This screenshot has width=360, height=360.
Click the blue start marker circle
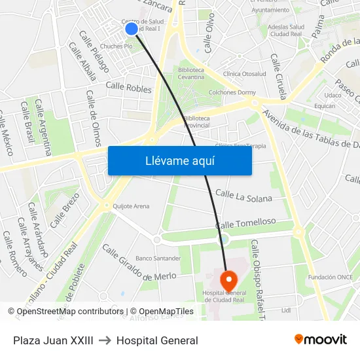pyautogui.click(x=131, y=28)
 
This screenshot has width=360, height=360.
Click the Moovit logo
pyautogui.click(x=321, y=340)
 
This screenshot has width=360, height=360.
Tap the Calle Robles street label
pyautogui.click(x=128, y=87)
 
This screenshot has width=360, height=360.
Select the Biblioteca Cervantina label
pyautogui.click(x=190, y=73)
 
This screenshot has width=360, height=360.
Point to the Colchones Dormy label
pyautogui.click(x=232, y=92)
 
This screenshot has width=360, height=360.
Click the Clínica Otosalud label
pyautogui.click(x=244, y=74)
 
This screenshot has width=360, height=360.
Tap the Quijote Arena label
pyautogui.click(x=131, y=206)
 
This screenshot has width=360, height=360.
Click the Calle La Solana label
pyautogui.click(x=243, y=195)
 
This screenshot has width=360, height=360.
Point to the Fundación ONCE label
pyautogui.click(x=331, y=277)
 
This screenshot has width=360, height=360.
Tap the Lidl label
pyautogui.click(x=285, y=310)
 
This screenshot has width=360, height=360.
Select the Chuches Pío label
pyautogui.click(x=117, y=46)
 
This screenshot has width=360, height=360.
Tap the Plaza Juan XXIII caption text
pyautogui.click(x=53, y=340)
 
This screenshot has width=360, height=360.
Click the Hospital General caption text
pyautogui.click(x=157, y=340)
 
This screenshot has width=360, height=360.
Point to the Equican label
pyautogui.click(x=325, y=105)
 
